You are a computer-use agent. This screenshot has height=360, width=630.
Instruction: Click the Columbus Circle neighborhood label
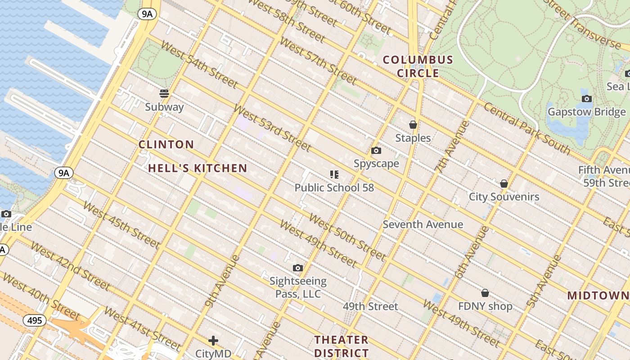point(418,66)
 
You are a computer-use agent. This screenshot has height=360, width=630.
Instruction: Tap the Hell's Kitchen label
point(198,168)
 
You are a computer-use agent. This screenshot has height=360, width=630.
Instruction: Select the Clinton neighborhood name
point(166,144)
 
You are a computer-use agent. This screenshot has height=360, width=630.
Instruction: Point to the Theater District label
point(342,346)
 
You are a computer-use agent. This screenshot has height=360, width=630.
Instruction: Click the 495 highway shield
point(34,320)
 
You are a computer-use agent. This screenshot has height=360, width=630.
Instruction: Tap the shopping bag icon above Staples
point(413,125)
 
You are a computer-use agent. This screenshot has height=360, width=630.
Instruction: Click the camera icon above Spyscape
point(376,151)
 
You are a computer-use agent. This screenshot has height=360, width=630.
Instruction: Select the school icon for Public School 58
point(334,174)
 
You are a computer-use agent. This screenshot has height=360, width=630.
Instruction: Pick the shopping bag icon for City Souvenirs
point(504,184)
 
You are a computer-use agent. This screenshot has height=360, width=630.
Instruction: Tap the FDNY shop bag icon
point(485,293)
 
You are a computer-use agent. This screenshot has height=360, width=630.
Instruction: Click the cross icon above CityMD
point(213,341)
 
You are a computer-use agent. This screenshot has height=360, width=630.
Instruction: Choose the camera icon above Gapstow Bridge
point(586,99)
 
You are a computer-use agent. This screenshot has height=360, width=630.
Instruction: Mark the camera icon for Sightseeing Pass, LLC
point(298,268)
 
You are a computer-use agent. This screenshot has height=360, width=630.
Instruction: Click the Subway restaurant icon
point(164,94)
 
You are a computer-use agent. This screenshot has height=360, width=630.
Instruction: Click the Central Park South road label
point(526,129)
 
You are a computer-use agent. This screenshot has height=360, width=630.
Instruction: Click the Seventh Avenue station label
point(423,224)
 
